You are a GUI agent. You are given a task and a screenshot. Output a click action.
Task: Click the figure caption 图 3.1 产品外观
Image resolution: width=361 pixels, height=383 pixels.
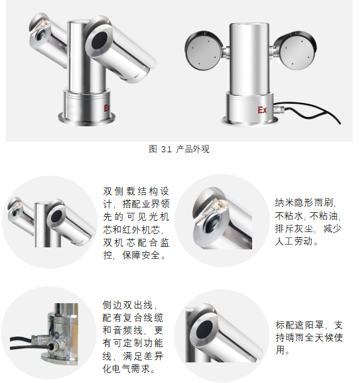[x=179, y=150]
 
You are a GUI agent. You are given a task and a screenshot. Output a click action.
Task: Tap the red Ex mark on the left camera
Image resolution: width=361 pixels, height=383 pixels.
[x=108, y=106]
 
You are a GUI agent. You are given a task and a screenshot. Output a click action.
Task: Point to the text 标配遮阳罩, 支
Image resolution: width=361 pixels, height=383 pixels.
[x=309, y=325]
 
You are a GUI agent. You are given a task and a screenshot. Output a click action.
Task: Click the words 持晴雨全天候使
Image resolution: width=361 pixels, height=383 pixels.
[x=309, y=338]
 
